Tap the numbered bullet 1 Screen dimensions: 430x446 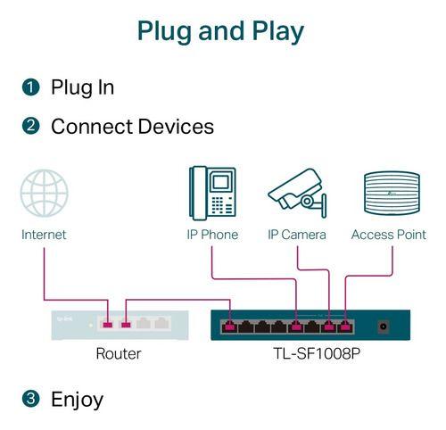point(31,87)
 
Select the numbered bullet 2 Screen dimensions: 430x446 point(31,127)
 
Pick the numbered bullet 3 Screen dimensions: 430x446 point(31,399)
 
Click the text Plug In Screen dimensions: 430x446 point(82,87)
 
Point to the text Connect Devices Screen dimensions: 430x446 point(132,127)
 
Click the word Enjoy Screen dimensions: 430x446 point(77,400)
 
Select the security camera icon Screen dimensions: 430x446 point(296,191)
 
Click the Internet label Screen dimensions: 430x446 point(44,235)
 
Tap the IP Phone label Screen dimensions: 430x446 point(212,235)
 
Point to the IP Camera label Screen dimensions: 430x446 point(297,235)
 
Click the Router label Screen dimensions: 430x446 point(118,354)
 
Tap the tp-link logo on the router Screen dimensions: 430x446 point(64,317)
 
